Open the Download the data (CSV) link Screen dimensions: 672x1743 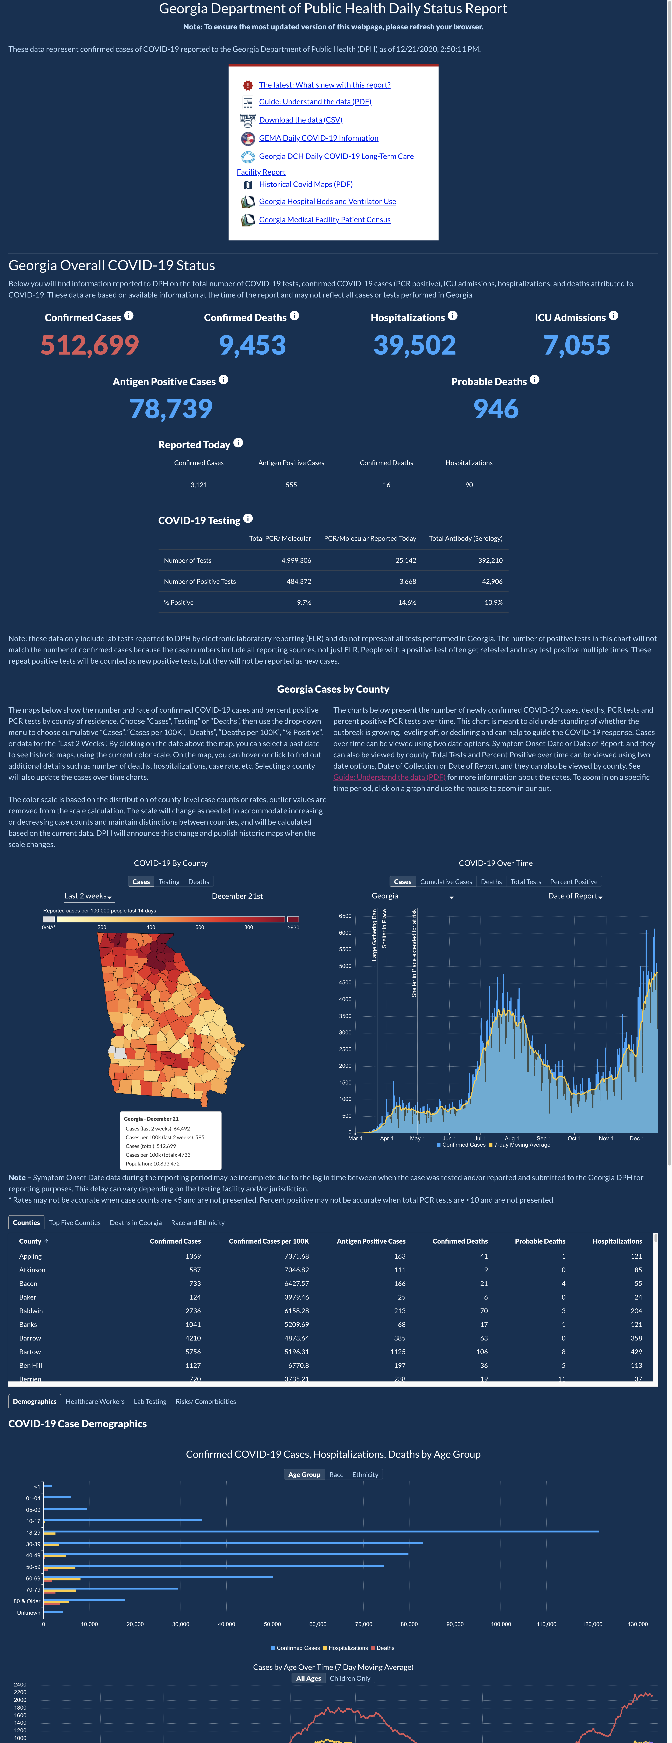coord(300,120)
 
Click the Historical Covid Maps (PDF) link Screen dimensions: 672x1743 coord(306,184)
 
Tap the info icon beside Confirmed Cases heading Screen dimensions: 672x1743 coord(129,315)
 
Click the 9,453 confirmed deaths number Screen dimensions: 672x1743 coord(252,345)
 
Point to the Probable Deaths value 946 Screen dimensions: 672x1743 coord(496,409)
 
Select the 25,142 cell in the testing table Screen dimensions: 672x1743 coord(405,560)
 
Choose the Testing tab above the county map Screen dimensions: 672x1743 coord(169,882)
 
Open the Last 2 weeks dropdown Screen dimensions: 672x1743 coord(88,896)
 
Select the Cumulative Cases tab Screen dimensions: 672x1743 coord(446,882)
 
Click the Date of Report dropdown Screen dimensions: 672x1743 coord(575,896)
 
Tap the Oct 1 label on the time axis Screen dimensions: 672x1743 coord(574,1138)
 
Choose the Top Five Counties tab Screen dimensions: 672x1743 coord(74,1223)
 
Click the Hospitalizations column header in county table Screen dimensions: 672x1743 coord(617,1241)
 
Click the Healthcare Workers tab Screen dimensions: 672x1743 coord(95,1401)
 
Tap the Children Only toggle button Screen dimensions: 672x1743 coord(350,1678)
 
